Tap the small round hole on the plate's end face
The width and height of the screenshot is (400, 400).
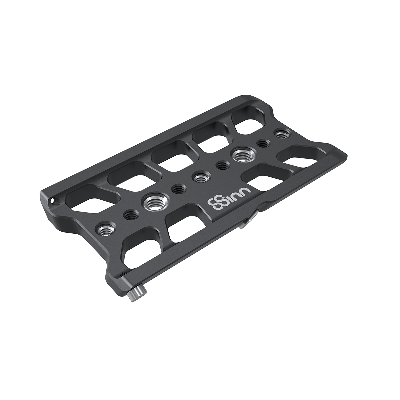[52, 201]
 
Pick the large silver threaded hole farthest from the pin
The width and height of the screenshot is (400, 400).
[242, 155]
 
